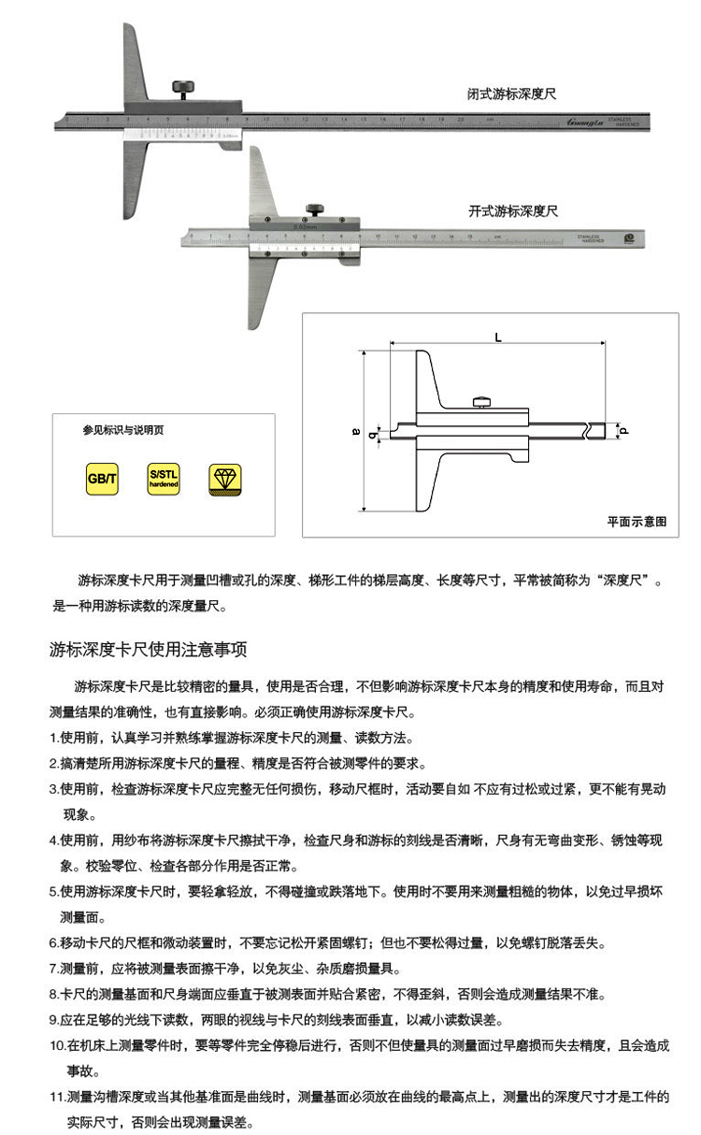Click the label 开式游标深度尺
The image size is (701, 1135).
coord(513,211)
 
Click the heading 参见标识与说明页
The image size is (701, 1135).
coord(122,431)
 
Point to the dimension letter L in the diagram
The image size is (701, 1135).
coord(497,338)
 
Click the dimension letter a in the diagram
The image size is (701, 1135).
coord(354,431)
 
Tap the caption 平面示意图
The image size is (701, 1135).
coord(637,522)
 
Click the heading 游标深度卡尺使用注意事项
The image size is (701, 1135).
coord(148,649)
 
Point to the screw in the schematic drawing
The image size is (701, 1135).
coord(481,403)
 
